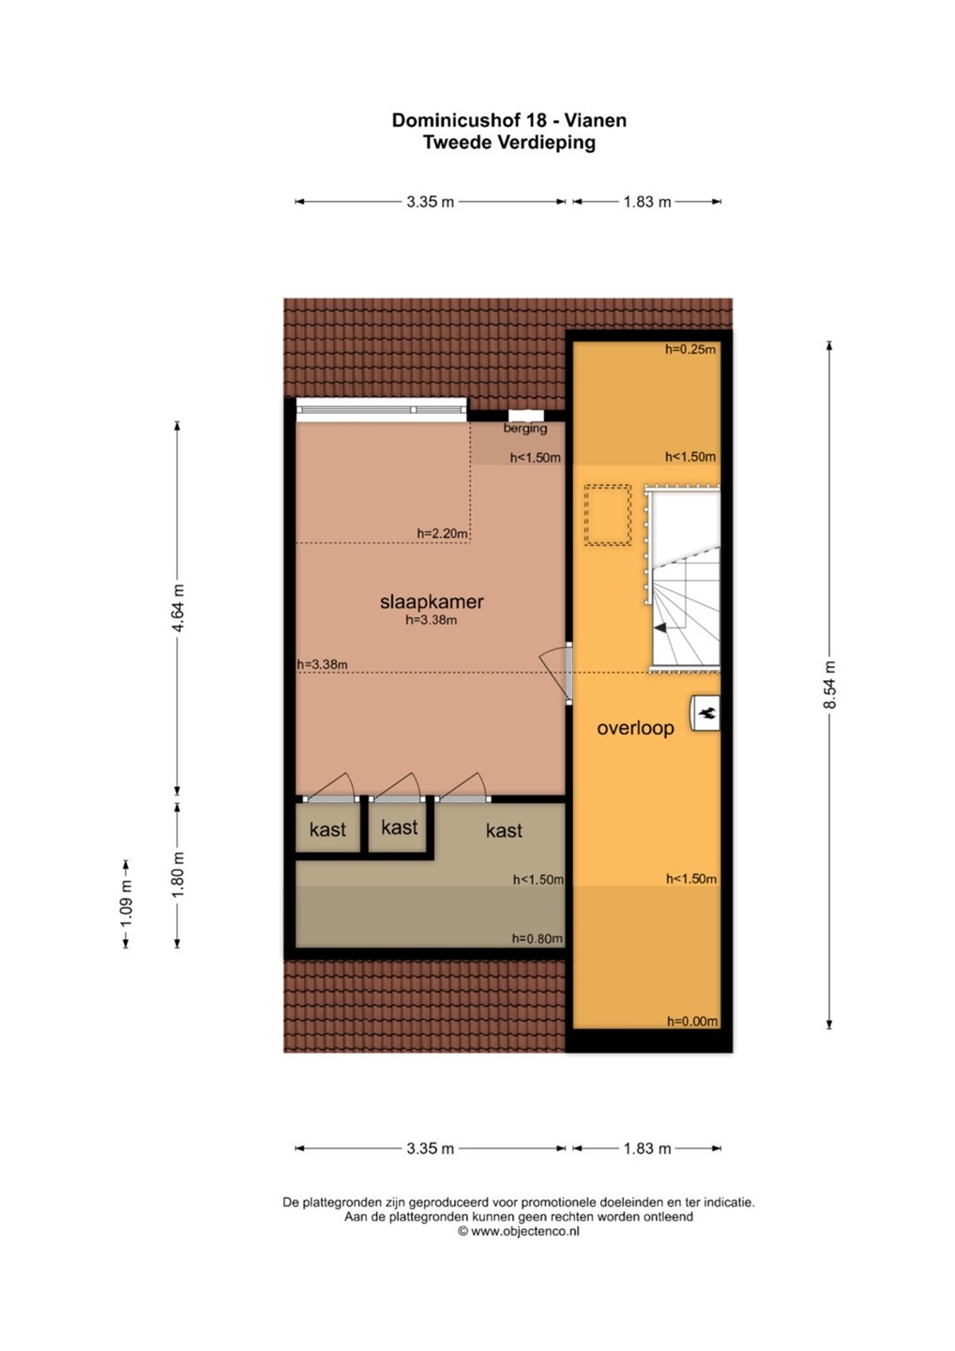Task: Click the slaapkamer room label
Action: pyautogui.click(x=432, y=601)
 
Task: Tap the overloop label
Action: pyautogui.click(x=635, y=727)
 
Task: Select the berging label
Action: pyautogui.click(x=525, y=428)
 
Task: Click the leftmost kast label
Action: pyautogui.click(x=327, y=829)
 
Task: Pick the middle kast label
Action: pyautogui.click(x=399, y=827)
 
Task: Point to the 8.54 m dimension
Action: pyautogui.click(x=829, y=685)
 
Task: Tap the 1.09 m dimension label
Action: pyautogui.click(x=126, y=903)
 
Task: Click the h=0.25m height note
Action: pyautogui.click(x=690, y=349)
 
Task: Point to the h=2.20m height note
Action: pyautogui.click(x=443, y=533)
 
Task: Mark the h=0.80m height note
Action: pyautogui.click(x=538, y=938)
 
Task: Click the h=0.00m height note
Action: pyautogui.click(x=692, y=1021)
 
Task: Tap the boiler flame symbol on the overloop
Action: pyautogui.click(x=706, y=713)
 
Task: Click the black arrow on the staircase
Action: pyautogui.click(x=660, y=628)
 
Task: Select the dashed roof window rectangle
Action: pyautogui.click(x=608, y=515)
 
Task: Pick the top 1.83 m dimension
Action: pyautogui.click(x=647, y=202)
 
